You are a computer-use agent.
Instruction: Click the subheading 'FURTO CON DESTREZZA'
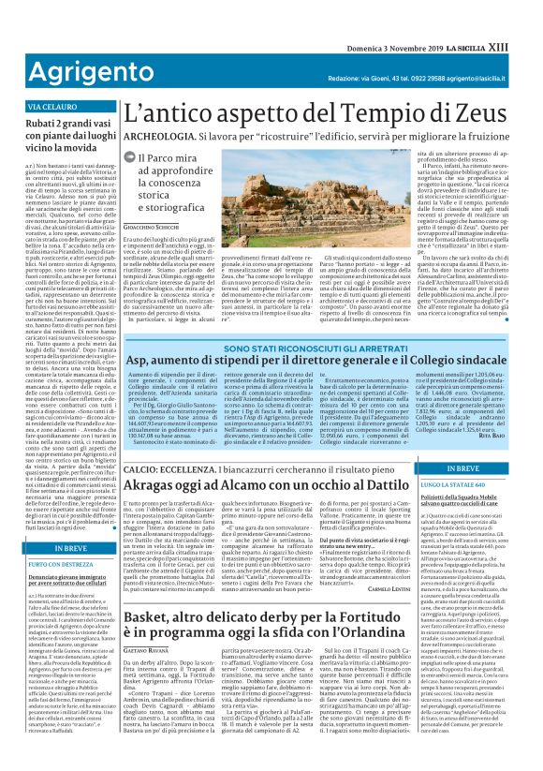51,566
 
